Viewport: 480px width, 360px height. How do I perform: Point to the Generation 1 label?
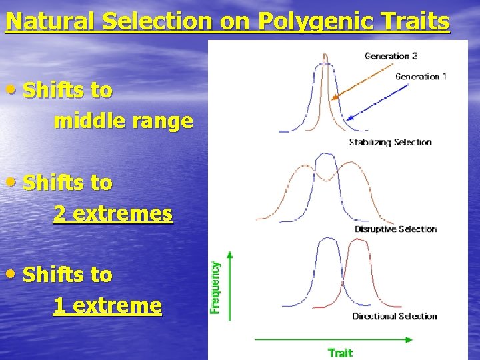[421, 77]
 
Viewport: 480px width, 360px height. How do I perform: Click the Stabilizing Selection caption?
[390, 142]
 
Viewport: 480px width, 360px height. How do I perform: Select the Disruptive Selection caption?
[395, 229]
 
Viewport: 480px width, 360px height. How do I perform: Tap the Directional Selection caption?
[394, 316]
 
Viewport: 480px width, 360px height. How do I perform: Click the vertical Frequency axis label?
[216, 287]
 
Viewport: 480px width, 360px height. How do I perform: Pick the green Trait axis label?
[340, 352]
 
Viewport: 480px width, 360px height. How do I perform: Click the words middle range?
[123, 121]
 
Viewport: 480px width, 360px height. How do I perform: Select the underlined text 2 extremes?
[113, 214]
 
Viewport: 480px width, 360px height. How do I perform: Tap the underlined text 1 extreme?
[107, 306]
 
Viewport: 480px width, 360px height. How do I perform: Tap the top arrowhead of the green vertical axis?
[230, 255]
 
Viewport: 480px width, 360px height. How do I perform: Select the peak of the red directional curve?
[358, 240]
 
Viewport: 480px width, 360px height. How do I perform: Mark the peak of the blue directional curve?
[326, 239]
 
